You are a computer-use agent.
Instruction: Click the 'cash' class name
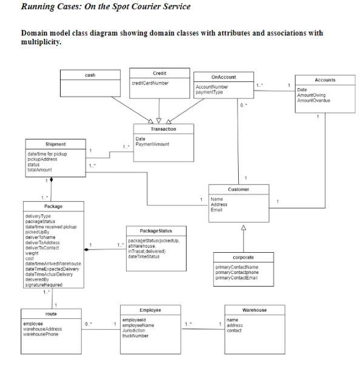tap(89, 75)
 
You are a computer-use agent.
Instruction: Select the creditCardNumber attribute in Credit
tap(150, 83)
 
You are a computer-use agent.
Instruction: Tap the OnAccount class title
tap(224, 77)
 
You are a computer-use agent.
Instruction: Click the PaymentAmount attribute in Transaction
tap(153, 144)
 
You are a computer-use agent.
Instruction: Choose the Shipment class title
tap(56, 144)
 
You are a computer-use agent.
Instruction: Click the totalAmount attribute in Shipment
tap(39, 170)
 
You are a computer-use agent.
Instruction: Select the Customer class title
tap(239, 190)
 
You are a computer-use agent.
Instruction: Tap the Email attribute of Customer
tap(216, 210)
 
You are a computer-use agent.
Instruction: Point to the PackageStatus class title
tap(156, 231)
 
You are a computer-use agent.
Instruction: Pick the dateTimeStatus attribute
tap(144, 256)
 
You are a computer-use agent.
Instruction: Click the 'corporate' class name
tap(243, 258)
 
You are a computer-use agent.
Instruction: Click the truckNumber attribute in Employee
tap(136, 335)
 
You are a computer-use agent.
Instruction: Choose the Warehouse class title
tap(254, 310)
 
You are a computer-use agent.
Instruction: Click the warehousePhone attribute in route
tap(41, 334)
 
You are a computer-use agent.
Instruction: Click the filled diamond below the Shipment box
tap(52, 180)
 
